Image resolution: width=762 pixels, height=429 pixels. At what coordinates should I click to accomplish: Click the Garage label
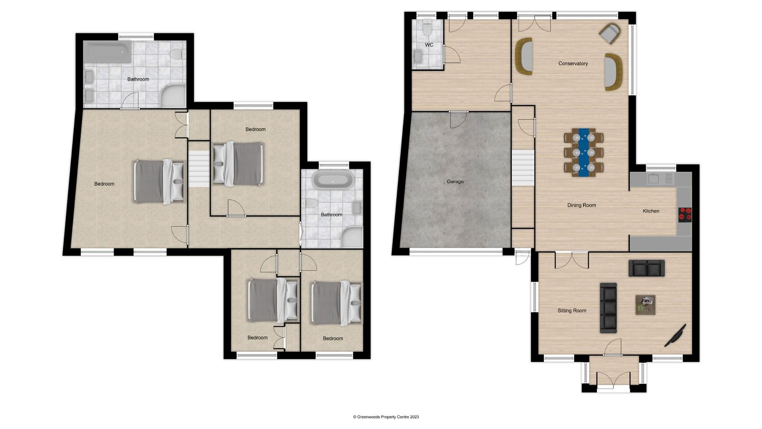click(x=455, y=182)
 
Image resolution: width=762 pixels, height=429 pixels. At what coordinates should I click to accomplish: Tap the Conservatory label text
click(x=573, y=64)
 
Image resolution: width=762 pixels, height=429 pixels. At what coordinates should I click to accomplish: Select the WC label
click(x=429, y=45)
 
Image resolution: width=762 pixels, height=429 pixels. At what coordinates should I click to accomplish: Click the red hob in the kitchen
click(x=685, y=214)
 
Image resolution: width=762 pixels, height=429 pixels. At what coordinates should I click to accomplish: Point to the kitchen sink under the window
click(x=653, y=179)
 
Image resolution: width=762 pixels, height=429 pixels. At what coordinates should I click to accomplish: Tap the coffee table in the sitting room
click(x=645, y=305)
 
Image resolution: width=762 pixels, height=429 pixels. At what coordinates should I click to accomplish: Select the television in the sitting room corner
click(x=675, y=336)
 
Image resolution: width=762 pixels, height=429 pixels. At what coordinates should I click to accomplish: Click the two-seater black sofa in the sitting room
click(x=647, y=268)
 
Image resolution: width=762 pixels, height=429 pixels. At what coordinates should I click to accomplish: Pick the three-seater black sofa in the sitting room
click(x=608, y=308)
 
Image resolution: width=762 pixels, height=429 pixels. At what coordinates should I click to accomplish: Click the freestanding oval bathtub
click(x=333, y=180)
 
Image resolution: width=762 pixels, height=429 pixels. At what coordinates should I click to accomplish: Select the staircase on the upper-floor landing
click(x=198, y=168)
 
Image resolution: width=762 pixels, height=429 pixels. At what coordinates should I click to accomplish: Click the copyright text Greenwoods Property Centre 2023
click(x=386, y=417)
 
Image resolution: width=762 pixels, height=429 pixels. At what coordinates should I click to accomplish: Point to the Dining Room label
click(x=581, y=205)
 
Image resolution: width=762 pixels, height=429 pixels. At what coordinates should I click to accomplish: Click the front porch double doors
click(x=614, y=381)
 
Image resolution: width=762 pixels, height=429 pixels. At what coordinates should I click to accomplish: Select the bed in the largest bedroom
click(x=159, y=182)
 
